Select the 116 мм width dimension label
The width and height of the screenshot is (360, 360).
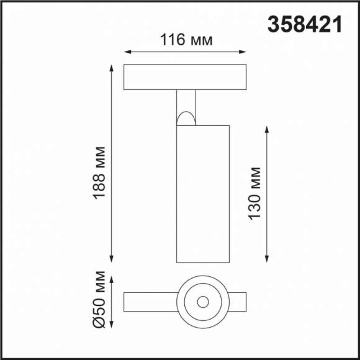pyautogui.click(x=186, y=41)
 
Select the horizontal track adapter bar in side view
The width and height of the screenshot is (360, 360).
pyautogui.click(x=186, y=77)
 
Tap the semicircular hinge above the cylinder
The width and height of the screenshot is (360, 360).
pyautogui.click(x=186, y=117)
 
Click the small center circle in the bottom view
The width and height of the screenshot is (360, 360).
pyautogui.click(x=202, y=302)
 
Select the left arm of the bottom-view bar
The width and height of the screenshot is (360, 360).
pyautogui.click(x=149, y=302)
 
